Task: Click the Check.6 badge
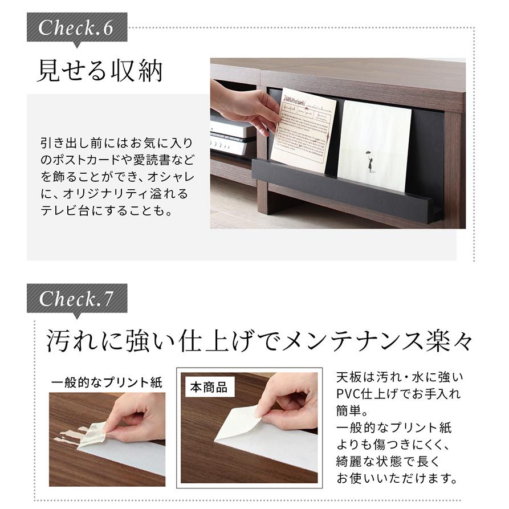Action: tap(76, 28)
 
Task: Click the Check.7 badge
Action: tap(76, 299)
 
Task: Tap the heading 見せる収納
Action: tap(100, 71)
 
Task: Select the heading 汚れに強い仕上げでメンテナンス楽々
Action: tap(259, 343)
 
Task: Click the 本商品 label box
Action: tap(208, 388)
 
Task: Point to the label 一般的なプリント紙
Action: tap(107, 382)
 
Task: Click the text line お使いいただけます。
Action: tap(397, 477)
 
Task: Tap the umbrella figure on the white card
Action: tap(370, 160)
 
